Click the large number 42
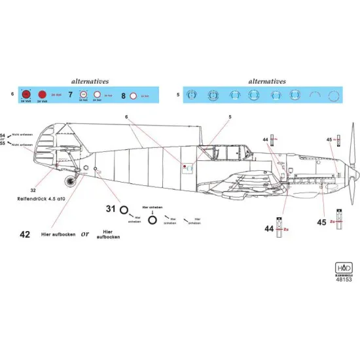pos(24,234)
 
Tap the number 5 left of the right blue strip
pos(177,95)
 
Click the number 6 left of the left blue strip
pos(12,95)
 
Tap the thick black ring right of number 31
pos(152,221)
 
